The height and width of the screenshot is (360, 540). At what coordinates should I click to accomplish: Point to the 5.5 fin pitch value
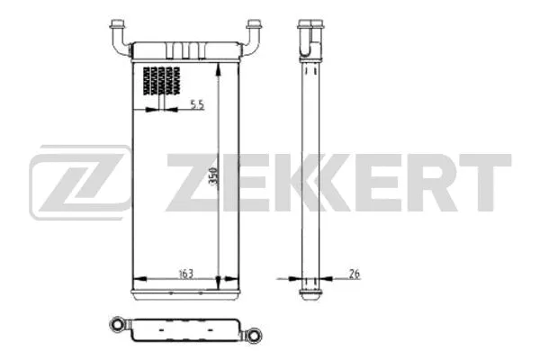(197, 105)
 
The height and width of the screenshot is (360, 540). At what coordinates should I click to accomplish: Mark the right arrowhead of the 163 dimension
(215, 276)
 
